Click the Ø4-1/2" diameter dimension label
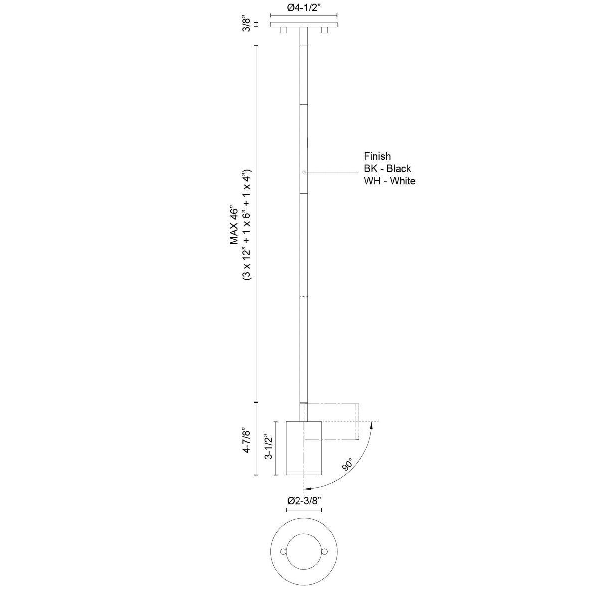[303, 7]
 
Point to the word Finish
[377, 157]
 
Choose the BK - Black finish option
[387, 169]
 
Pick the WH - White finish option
[389, 181]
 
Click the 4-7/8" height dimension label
[246, 439]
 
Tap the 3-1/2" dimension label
[270, 448]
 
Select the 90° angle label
[347, 464]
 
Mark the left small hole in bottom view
[283, 552]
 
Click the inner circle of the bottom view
[303, 552]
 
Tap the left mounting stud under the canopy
[283, 31]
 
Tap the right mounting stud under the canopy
[324, 31]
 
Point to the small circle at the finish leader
[304, 172]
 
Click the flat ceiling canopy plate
[303, 24]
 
